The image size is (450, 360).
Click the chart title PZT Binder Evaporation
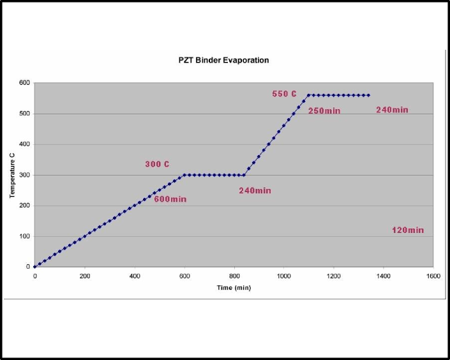[223, 61]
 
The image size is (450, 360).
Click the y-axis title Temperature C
[12, 175]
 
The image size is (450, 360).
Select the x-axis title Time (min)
[234, 288]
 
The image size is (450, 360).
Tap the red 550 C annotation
[285, 94]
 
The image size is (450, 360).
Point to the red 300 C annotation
[157, 164]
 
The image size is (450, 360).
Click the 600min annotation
[170, 199]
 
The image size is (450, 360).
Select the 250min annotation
[324, 110]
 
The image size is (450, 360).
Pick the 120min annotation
[408, 230]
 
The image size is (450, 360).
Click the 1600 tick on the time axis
[433, 276]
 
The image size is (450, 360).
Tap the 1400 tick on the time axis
[384, 276]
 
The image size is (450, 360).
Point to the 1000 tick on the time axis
[284, 276]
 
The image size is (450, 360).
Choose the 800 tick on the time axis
[234, 276]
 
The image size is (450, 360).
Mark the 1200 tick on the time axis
[334, 276]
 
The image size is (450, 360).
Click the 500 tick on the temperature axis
[24, 114]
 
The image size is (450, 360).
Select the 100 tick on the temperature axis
[24, 236]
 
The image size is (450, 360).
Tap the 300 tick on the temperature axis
[24, 175]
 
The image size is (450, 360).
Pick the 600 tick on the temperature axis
[24, 83]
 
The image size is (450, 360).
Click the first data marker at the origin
[35, 267]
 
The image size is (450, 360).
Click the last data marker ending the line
[368, 95]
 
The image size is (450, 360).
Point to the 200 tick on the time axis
[85, 276]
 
